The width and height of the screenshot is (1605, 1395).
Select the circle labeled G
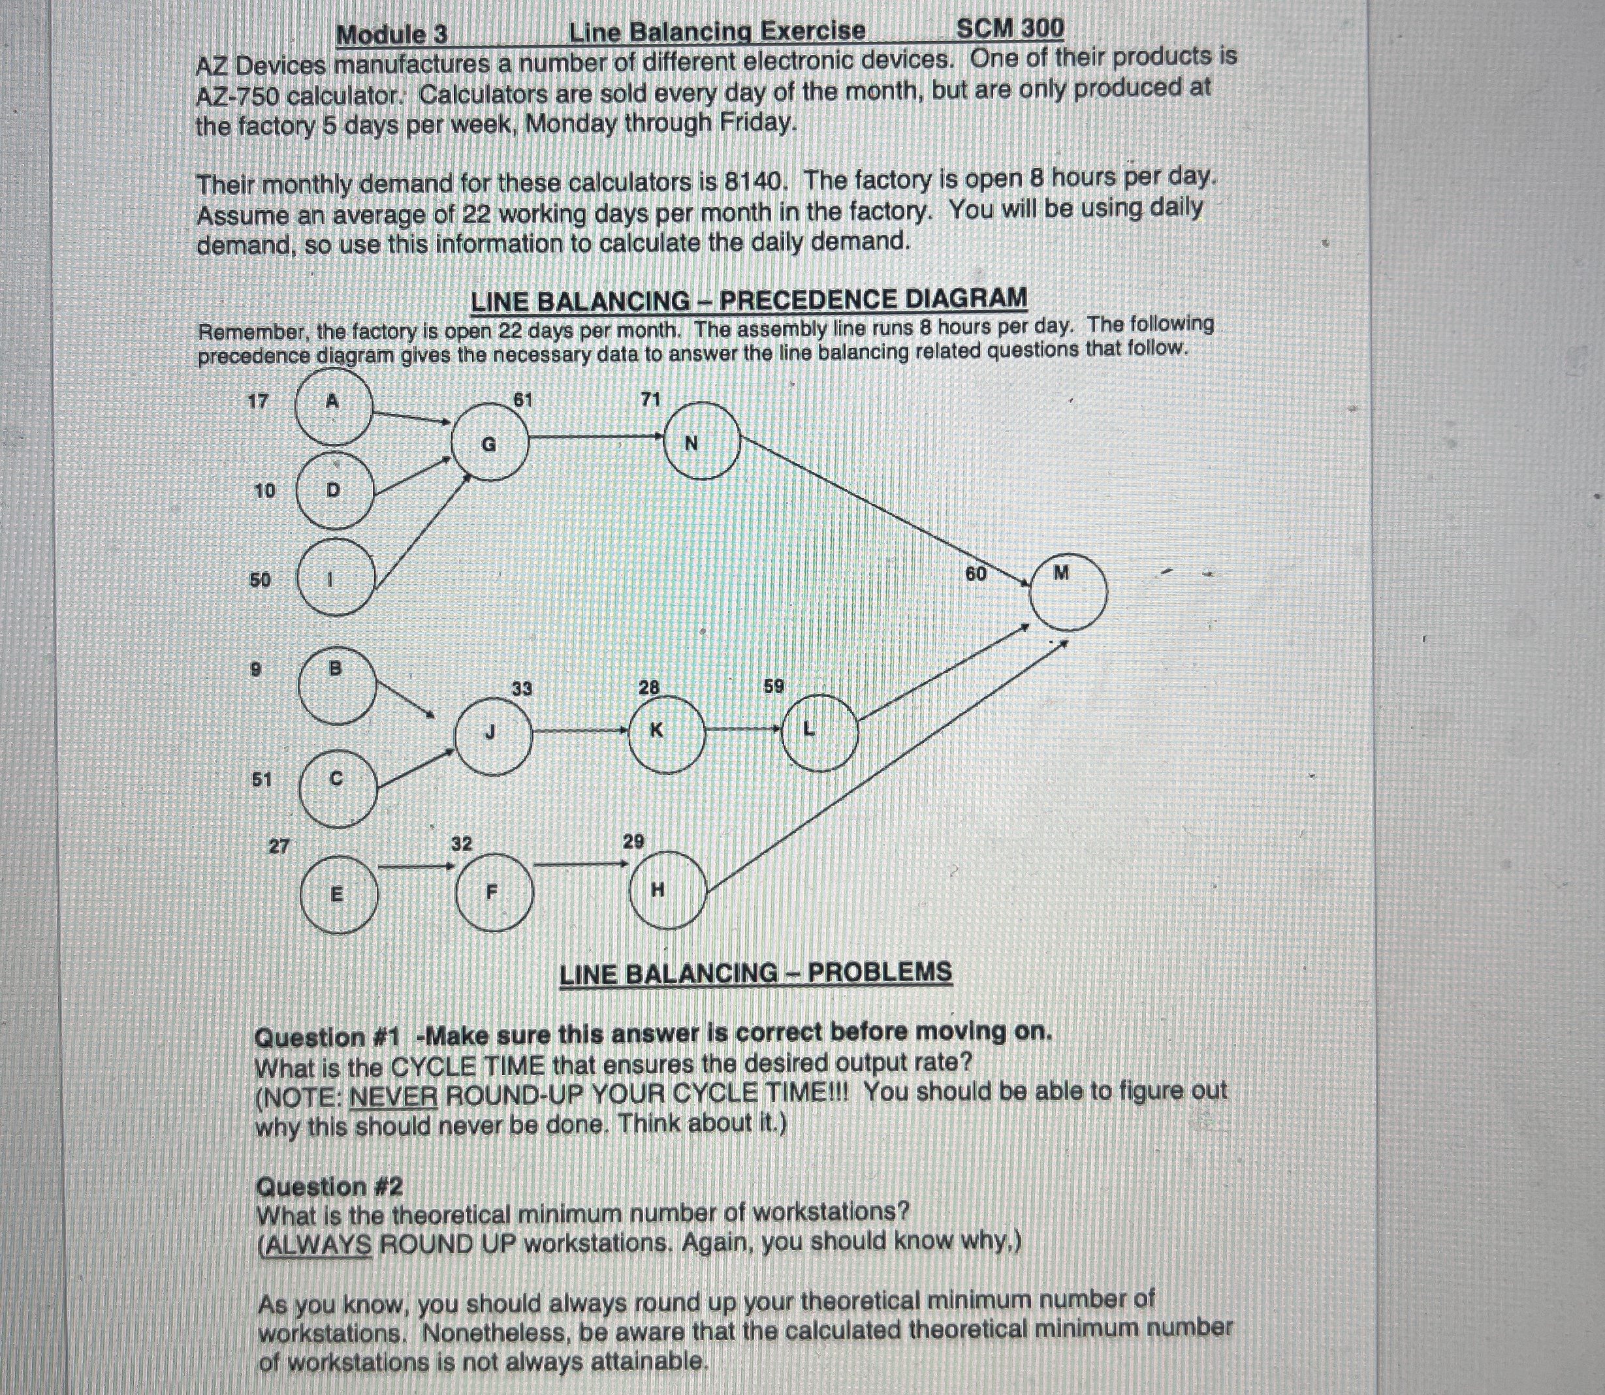pyautogui.click(x=490, y=444)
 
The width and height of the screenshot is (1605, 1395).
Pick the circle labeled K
pyautogui.click(x=666, y=732)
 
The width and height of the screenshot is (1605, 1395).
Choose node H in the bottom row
pyautogui.click(x=667, y=890)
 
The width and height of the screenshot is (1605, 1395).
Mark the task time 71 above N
pyautogui.click(x=650, y=400)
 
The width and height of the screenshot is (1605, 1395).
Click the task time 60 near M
pyautogui.click(x=976, y=574)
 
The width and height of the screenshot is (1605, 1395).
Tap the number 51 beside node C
pyautogui.click(x=262, y=779)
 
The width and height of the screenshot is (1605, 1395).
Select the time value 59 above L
pyautogui.click(x=774, y=687)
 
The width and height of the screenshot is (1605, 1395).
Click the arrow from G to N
pyautogui.click(x=597, y=437)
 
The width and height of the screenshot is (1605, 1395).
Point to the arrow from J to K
pyautogui.click(x=580, y=731)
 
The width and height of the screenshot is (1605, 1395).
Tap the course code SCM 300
pyautogui.click(x=1009, y=29)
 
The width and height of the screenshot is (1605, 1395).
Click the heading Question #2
pyautogui.click(x=329, y=1187)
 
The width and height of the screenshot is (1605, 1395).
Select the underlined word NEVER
pyautogui.click(x=393, y=1096)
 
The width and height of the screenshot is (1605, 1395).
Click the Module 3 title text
pyautogui.click(x=392, y=35)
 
